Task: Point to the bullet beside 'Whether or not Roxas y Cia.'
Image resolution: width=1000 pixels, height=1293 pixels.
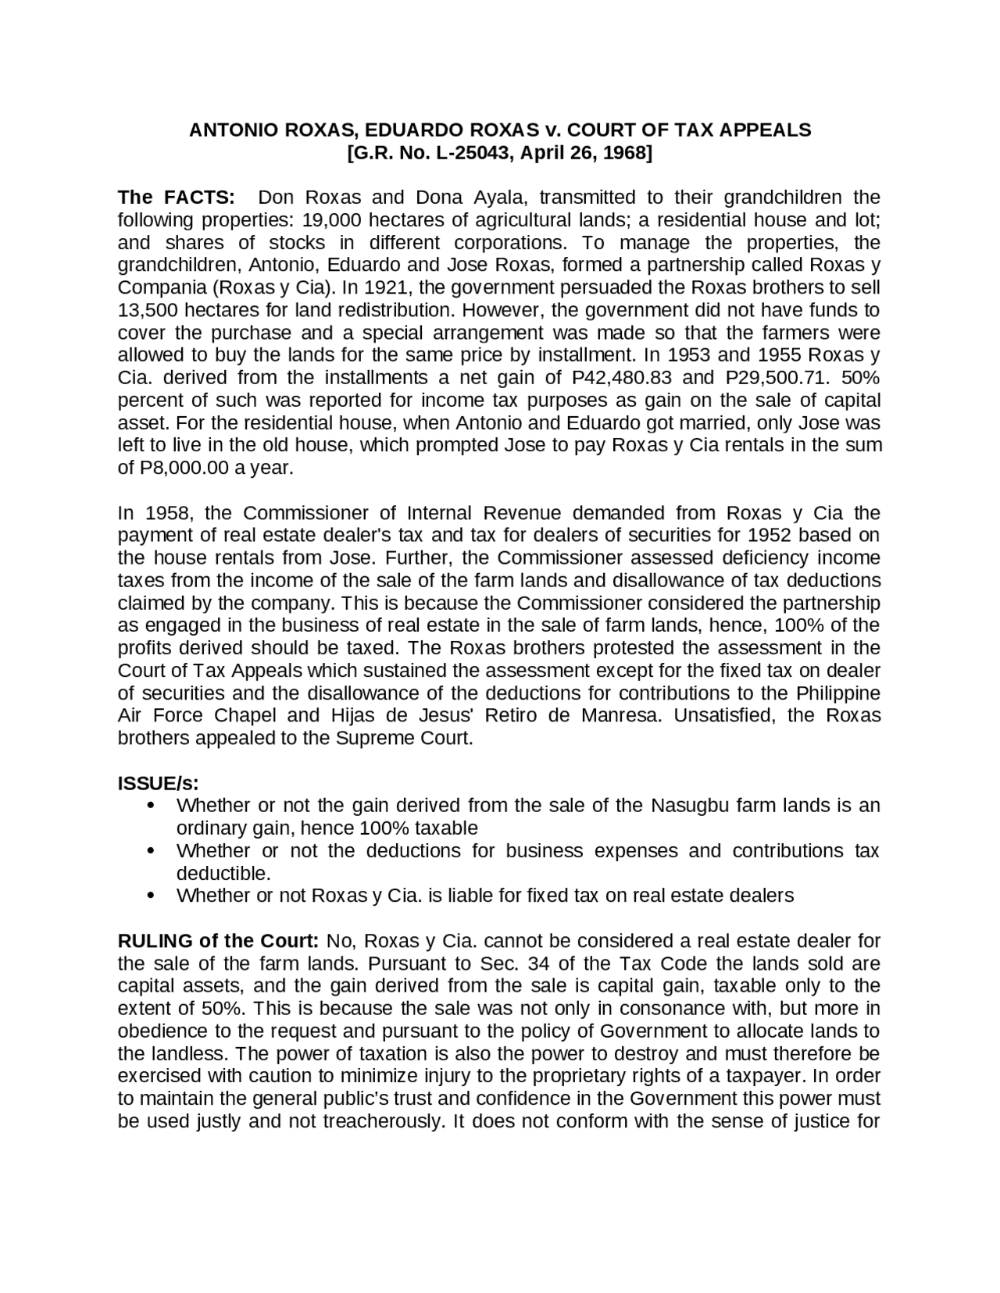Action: [x=151, y=896]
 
